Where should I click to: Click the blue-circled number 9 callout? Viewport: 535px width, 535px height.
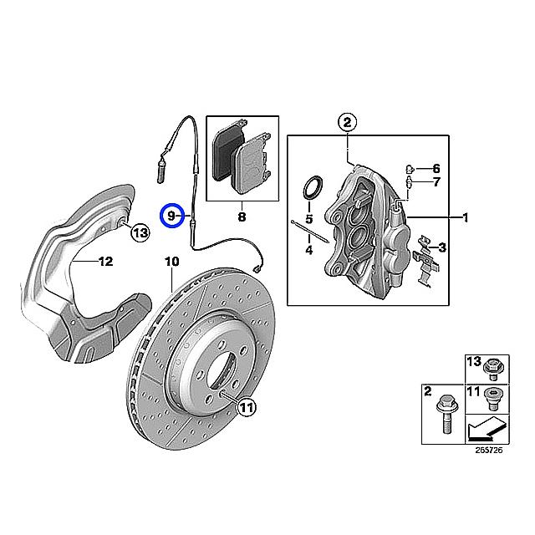point(172,216)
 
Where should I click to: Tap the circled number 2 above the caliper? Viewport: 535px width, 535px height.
point(347,122)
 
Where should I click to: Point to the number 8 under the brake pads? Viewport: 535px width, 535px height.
point(241,217)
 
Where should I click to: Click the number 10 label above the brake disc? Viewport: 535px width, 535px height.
point(172,262)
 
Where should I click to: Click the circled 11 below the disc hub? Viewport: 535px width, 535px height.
point(244,407)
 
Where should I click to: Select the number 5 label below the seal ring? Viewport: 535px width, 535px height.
point(308,220)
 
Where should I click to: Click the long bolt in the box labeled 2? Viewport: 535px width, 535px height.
point(446,418)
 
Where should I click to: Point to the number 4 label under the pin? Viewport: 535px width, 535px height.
point(308,250)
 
